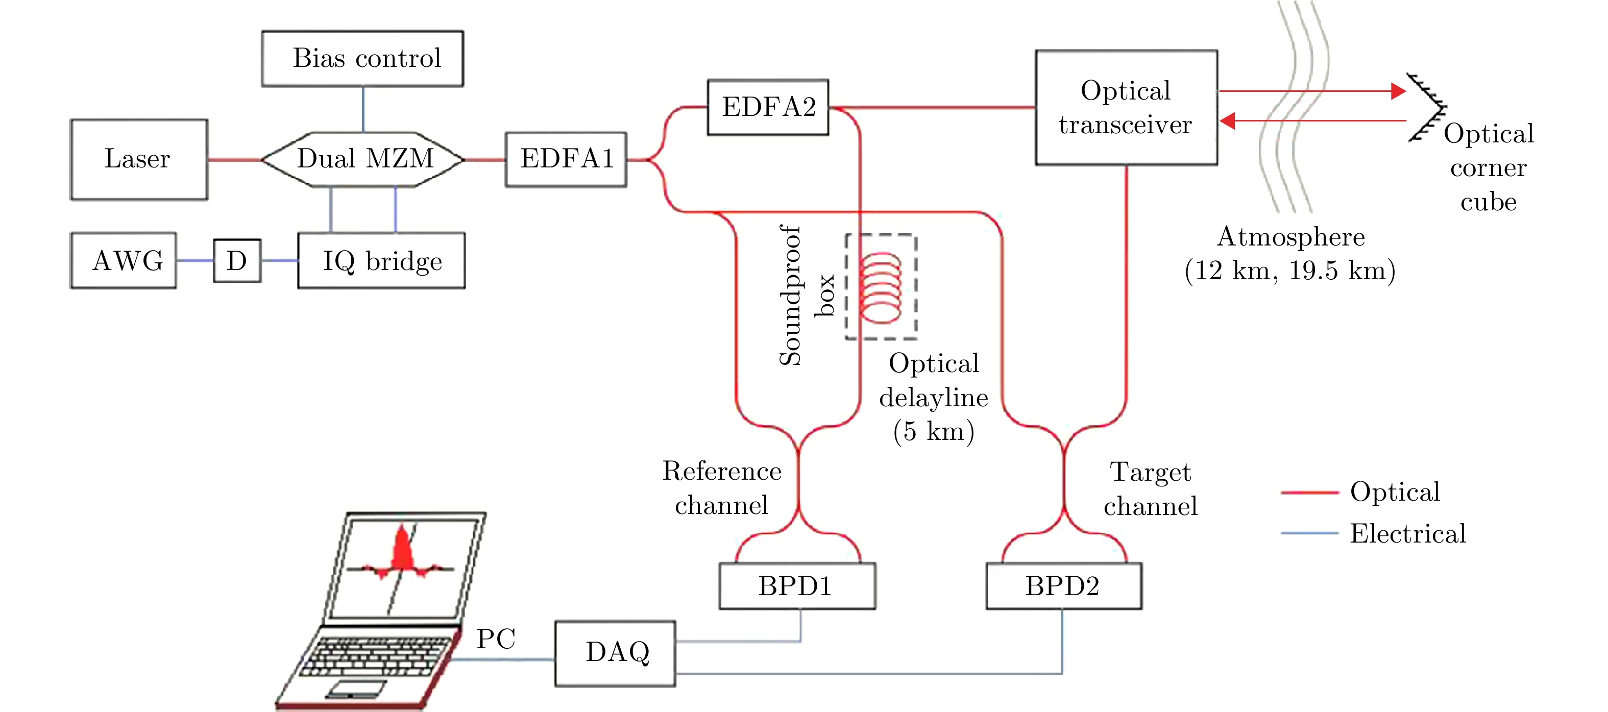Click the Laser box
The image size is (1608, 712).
tap(138, 159)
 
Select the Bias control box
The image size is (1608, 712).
tap(362, 59)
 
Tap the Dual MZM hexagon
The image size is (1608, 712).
tap(363, 159)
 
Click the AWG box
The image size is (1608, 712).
tap(124, 260)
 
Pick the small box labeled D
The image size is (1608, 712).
tap(236, 260)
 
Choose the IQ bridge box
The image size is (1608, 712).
tap(381, 260)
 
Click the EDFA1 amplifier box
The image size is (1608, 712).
tap(566, 159)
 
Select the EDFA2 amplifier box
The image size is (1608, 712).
tap(768, 107)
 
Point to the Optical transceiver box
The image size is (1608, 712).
tap(1126, 107)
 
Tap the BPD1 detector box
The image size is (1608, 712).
tap(796, 586)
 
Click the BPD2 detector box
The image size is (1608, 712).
tap(1064, 586)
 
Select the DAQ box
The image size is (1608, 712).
tap(615, 653)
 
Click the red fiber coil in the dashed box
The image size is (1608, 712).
tap(880, 287)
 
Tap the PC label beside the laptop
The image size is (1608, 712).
tap(496, 639)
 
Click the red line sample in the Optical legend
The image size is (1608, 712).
tap(1309, 493)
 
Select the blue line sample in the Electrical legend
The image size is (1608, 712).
tap(1309, 533)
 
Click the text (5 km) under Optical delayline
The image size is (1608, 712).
tap(934, 431)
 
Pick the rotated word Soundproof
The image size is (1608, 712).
tap(790, 294)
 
